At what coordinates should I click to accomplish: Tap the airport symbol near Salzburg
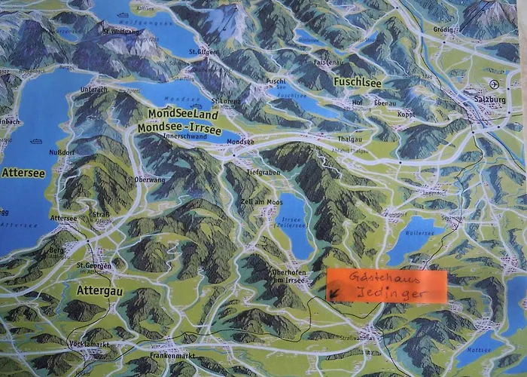(x=494, y=84)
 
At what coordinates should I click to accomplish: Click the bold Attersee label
(x=23, y=173)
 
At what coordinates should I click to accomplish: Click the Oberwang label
(x=149, y=179)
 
